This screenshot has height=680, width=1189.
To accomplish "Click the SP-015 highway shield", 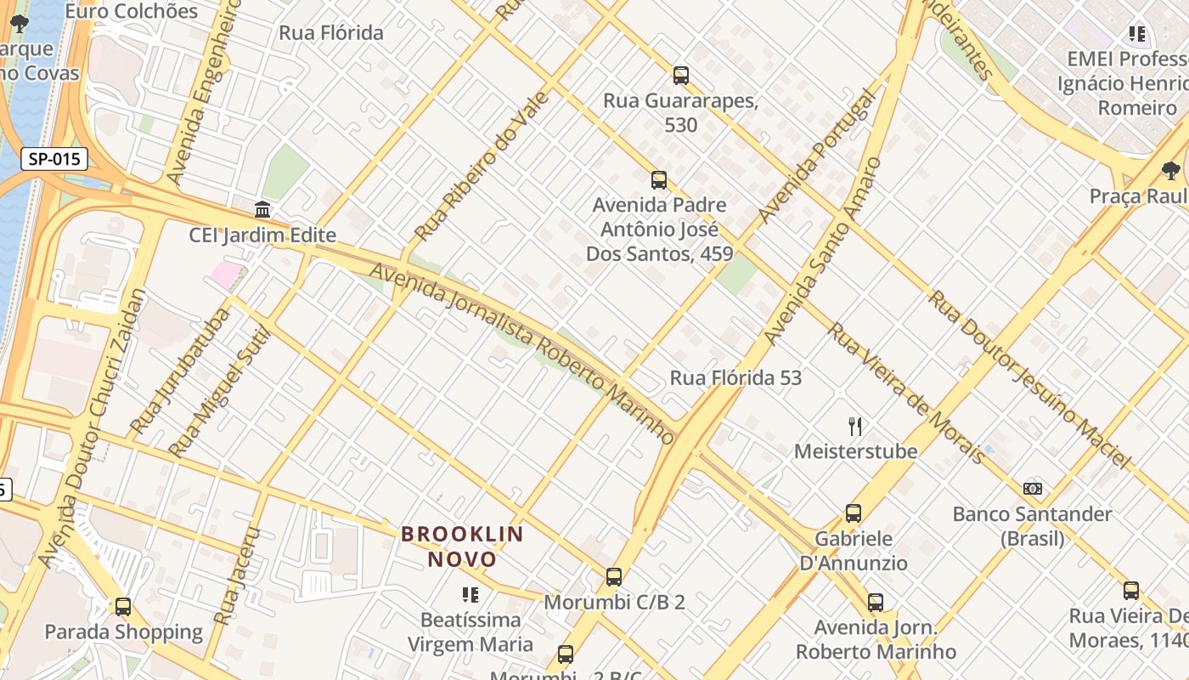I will point(54,159).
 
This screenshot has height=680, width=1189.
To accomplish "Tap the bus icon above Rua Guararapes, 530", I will point(680,76).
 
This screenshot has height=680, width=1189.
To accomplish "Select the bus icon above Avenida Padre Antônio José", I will point(658,180).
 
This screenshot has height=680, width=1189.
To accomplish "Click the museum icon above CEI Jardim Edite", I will point(262,209).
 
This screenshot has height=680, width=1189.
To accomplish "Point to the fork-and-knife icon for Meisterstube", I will point(855,426).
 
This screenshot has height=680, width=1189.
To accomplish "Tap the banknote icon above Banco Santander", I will point(1032,489).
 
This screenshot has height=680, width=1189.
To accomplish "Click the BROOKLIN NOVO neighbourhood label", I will point(463,547).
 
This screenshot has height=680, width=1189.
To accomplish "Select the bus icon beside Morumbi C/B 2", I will point(614,577).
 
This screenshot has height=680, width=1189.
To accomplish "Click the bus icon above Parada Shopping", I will point(123,607).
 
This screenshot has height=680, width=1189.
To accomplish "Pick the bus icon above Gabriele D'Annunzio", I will point(854,513).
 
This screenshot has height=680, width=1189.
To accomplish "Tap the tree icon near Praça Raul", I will point(1170,171).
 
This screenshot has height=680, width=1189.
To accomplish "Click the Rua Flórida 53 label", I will point(735,378).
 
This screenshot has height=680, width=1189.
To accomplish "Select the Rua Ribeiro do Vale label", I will point(482,167).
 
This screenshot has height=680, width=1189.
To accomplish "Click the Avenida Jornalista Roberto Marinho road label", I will point(522,353).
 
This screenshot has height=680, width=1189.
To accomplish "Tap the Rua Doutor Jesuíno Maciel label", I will point(1029,379).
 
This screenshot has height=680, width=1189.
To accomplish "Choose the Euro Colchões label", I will point(132,11).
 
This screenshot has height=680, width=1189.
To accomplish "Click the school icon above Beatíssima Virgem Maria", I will point(470,595).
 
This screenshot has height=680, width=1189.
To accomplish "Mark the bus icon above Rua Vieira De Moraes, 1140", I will point(1130,591).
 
